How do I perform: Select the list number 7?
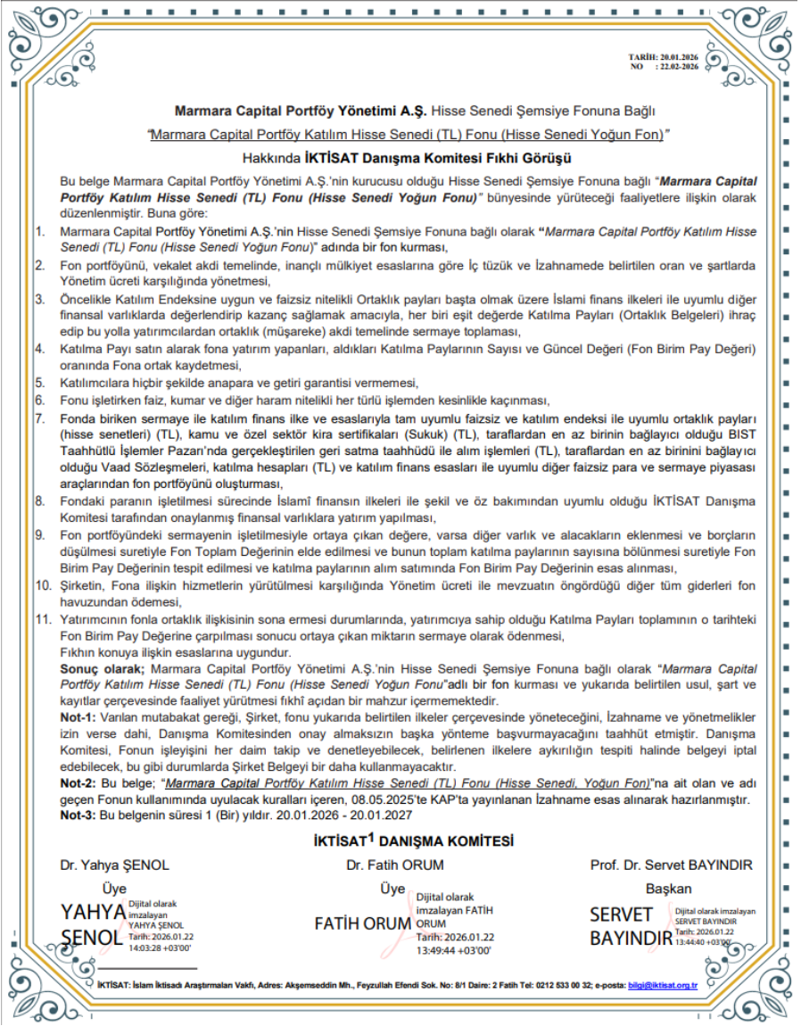click(39, 418)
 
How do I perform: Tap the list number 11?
click(43, 617)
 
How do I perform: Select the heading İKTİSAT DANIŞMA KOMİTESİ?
click(414, 840)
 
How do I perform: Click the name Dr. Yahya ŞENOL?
click(114, 865)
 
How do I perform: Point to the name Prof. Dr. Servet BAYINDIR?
click(671, 865)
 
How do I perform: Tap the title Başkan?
click(668, 889)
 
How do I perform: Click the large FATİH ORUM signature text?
click(362, 923)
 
